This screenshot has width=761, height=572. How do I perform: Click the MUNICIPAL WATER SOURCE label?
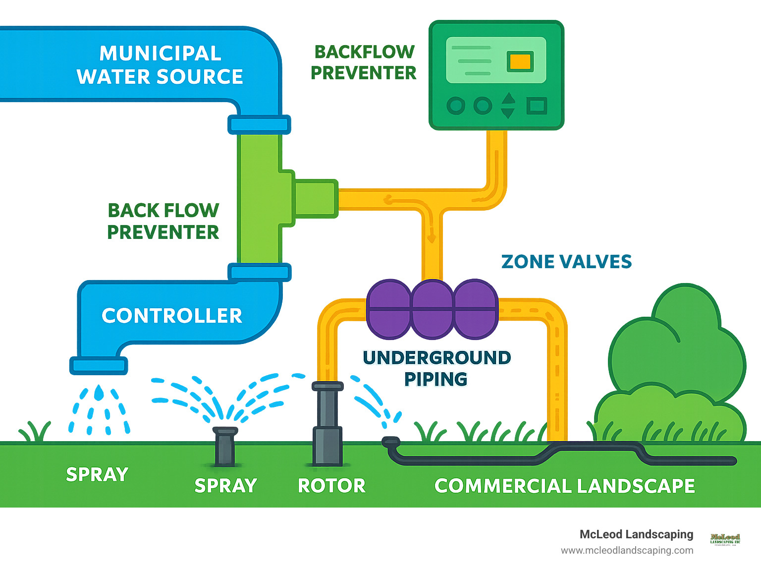[x=160, y=65]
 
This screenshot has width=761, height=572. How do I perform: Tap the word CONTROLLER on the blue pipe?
[x=172, y=316]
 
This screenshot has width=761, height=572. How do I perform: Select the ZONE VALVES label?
[x=566, y=262]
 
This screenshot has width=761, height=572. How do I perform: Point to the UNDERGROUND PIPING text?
[x=436, y=368]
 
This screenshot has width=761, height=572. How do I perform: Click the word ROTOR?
[x=331, y=486]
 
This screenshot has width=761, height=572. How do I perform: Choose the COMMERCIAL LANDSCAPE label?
[x=564, y=486]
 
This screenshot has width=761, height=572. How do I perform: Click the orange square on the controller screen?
[x=520, y=62]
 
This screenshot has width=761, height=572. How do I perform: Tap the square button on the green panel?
[x=536, y=106]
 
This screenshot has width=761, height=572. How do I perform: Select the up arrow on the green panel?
[x=508, y=98]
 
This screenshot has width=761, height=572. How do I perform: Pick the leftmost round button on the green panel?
[x=456, y=106]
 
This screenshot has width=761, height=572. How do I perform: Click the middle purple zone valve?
[x=432, y=309]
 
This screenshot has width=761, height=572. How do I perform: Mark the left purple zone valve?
[x=389, y=309]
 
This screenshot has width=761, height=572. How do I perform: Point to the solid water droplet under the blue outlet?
[x=100, y=393]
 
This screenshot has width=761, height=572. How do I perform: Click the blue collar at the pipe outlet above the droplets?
[x=99, y=366]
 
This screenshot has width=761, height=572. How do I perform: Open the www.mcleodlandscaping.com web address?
[x=627, y=550]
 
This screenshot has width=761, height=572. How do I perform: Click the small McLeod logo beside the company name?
[x=725, y=539]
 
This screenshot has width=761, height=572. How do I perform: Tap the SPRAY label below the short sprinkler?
[x=225, y=486]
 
